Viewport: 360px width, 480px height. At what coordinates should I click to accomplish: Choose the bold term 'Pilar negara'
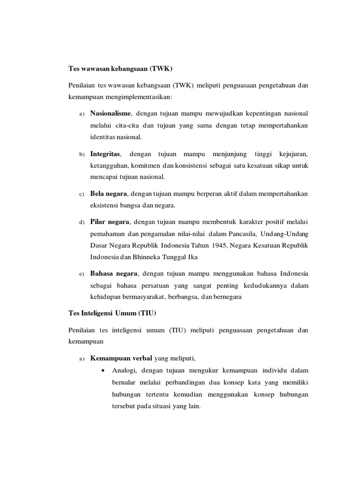pos(110,221)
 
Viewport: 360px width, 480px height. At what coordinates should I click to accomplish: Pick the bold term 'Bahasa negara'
pos(114,273)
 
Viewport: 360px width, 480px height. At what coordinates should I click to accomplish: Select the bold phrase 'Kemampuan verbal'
pos(121,359)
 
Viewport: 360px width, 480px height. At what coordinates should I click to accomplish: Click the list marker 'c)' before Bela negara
pos(81,194)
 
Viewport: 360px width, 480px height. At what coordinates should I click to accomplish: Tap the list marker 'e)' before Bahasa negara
pos(81,274)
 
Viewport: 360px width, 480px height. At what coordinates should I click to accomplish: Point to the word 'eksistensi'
pos(105,206)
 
